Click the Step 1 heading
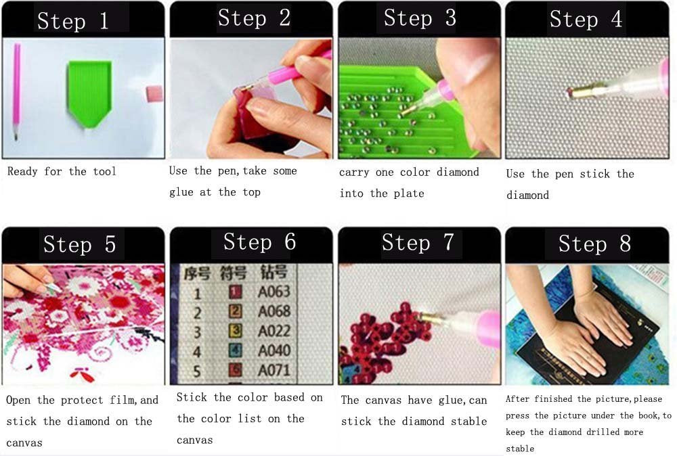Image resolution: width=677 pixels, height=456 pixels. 72,21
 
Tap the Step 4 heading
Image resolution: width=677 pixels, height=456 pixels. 586,20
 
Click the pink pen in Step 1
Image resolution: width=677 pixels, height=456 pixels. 16,91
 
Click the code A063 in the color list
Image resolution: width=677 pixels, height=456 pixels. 274,293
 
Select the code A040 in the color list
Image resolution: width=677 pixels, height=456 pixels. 274,350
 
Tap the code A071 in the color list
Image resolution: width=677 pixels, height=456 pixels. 274,370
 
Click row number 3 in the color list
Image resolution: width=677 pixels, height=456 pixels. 197,332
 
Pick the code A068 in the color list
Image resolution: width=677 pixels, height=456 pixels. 274,312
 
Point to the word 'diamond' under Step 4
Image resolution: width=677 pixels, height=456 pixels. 527,196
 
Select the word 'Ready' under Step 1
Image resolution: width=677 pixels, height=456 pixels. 22,172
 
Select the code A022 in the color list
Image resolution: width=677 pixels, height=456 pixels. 274,332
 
